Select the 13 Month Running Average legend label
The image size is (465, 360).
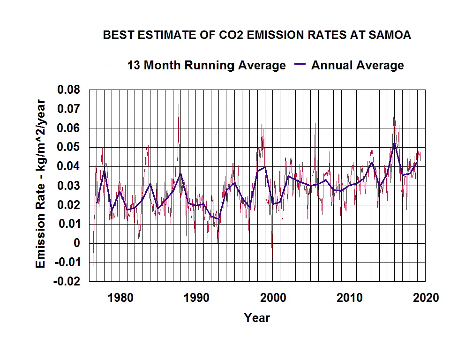click(x=206, y=65)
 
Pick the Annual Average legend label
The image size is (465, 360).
click(x=357, y=65)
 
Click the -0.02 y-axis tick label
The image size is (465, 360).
click(x=67, y=282)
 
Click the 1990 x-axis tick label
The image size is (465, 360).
click(x=196, y=298)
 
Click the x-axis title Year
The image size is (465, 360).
click(x=257, y=318)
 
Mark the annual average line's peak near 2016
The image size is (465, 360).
click(x=395, y=142)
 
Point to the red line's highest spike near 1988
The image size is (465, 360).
click(x=179, y=104)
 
